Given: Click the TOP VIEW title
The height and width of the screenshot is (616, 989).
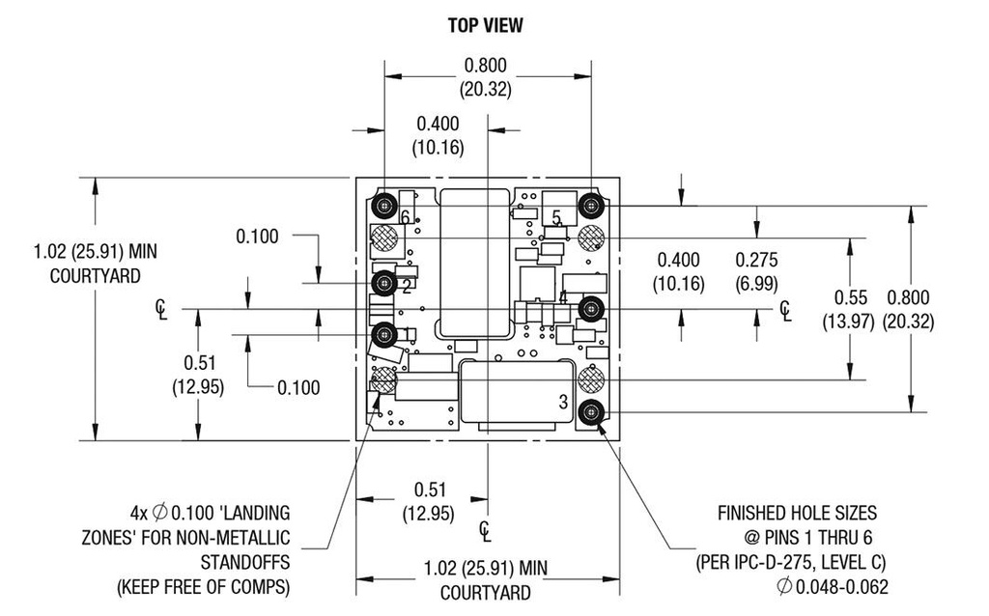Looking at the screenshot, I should (485, 26).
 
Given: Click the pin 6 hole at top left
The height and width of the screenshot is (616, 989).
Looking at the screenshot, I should (384, 205).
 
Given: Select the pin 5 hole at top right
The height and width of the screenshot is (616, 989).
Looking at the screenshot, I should (591, 205).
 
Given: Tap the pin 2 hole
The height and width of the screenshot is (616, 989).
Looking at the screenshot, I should (384, 282).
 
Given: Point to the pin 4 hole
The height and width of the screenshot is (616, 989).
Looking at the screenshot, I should (591, 308).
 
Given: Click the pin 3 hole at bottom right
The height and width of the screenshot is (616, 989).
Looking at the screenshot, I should (590, 412).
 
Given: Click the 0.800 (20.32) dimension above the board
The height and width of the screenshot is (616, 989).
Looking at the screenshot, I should (485, 77).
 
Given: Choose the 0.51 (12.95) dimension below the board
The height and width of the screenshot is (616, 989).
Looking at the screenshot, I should (427, 501).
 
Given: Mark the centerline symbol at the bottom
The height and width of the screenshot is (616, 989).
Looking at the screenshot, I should (486, 529).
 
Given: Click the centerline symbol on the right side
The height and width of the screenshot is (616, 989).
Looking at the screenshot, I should (787, 309).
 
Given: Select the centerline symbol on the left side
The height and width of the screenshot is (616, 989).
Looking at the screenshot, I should (161, 309).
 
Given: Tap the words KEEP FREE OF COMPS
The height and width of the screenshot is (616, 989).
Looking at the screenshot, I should (203, 587).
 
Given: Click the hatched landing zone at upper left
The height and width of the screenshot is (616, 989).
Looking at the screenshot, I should (384, 237).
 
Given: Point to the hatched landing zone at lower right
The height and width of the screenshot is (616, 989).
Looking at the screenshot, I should (590, 380).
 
